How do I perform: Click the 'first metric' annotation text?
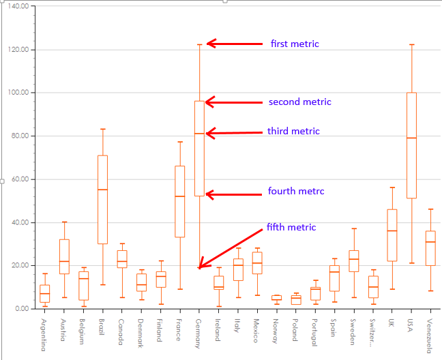pos(295,44)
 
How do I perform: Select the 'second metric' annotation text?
pos(299,102)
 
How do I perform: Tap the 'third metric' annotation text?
pos(293,131)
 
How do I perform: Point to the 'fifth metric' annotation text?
pos(291,226)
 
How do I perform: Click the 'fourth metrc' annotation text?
pos(296,191)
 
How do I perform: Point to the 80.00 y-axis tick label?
pos(20,136)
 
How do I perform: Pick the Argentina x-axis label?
pos(44,335)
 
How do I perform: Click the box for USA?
pos(411,145)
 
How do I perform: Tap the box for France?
pos(180,201)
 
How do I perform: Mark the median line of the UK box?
pos(392,230)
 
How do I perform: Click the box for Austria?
pos(63,256)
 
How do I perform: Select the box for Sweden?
pos(353,260)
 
